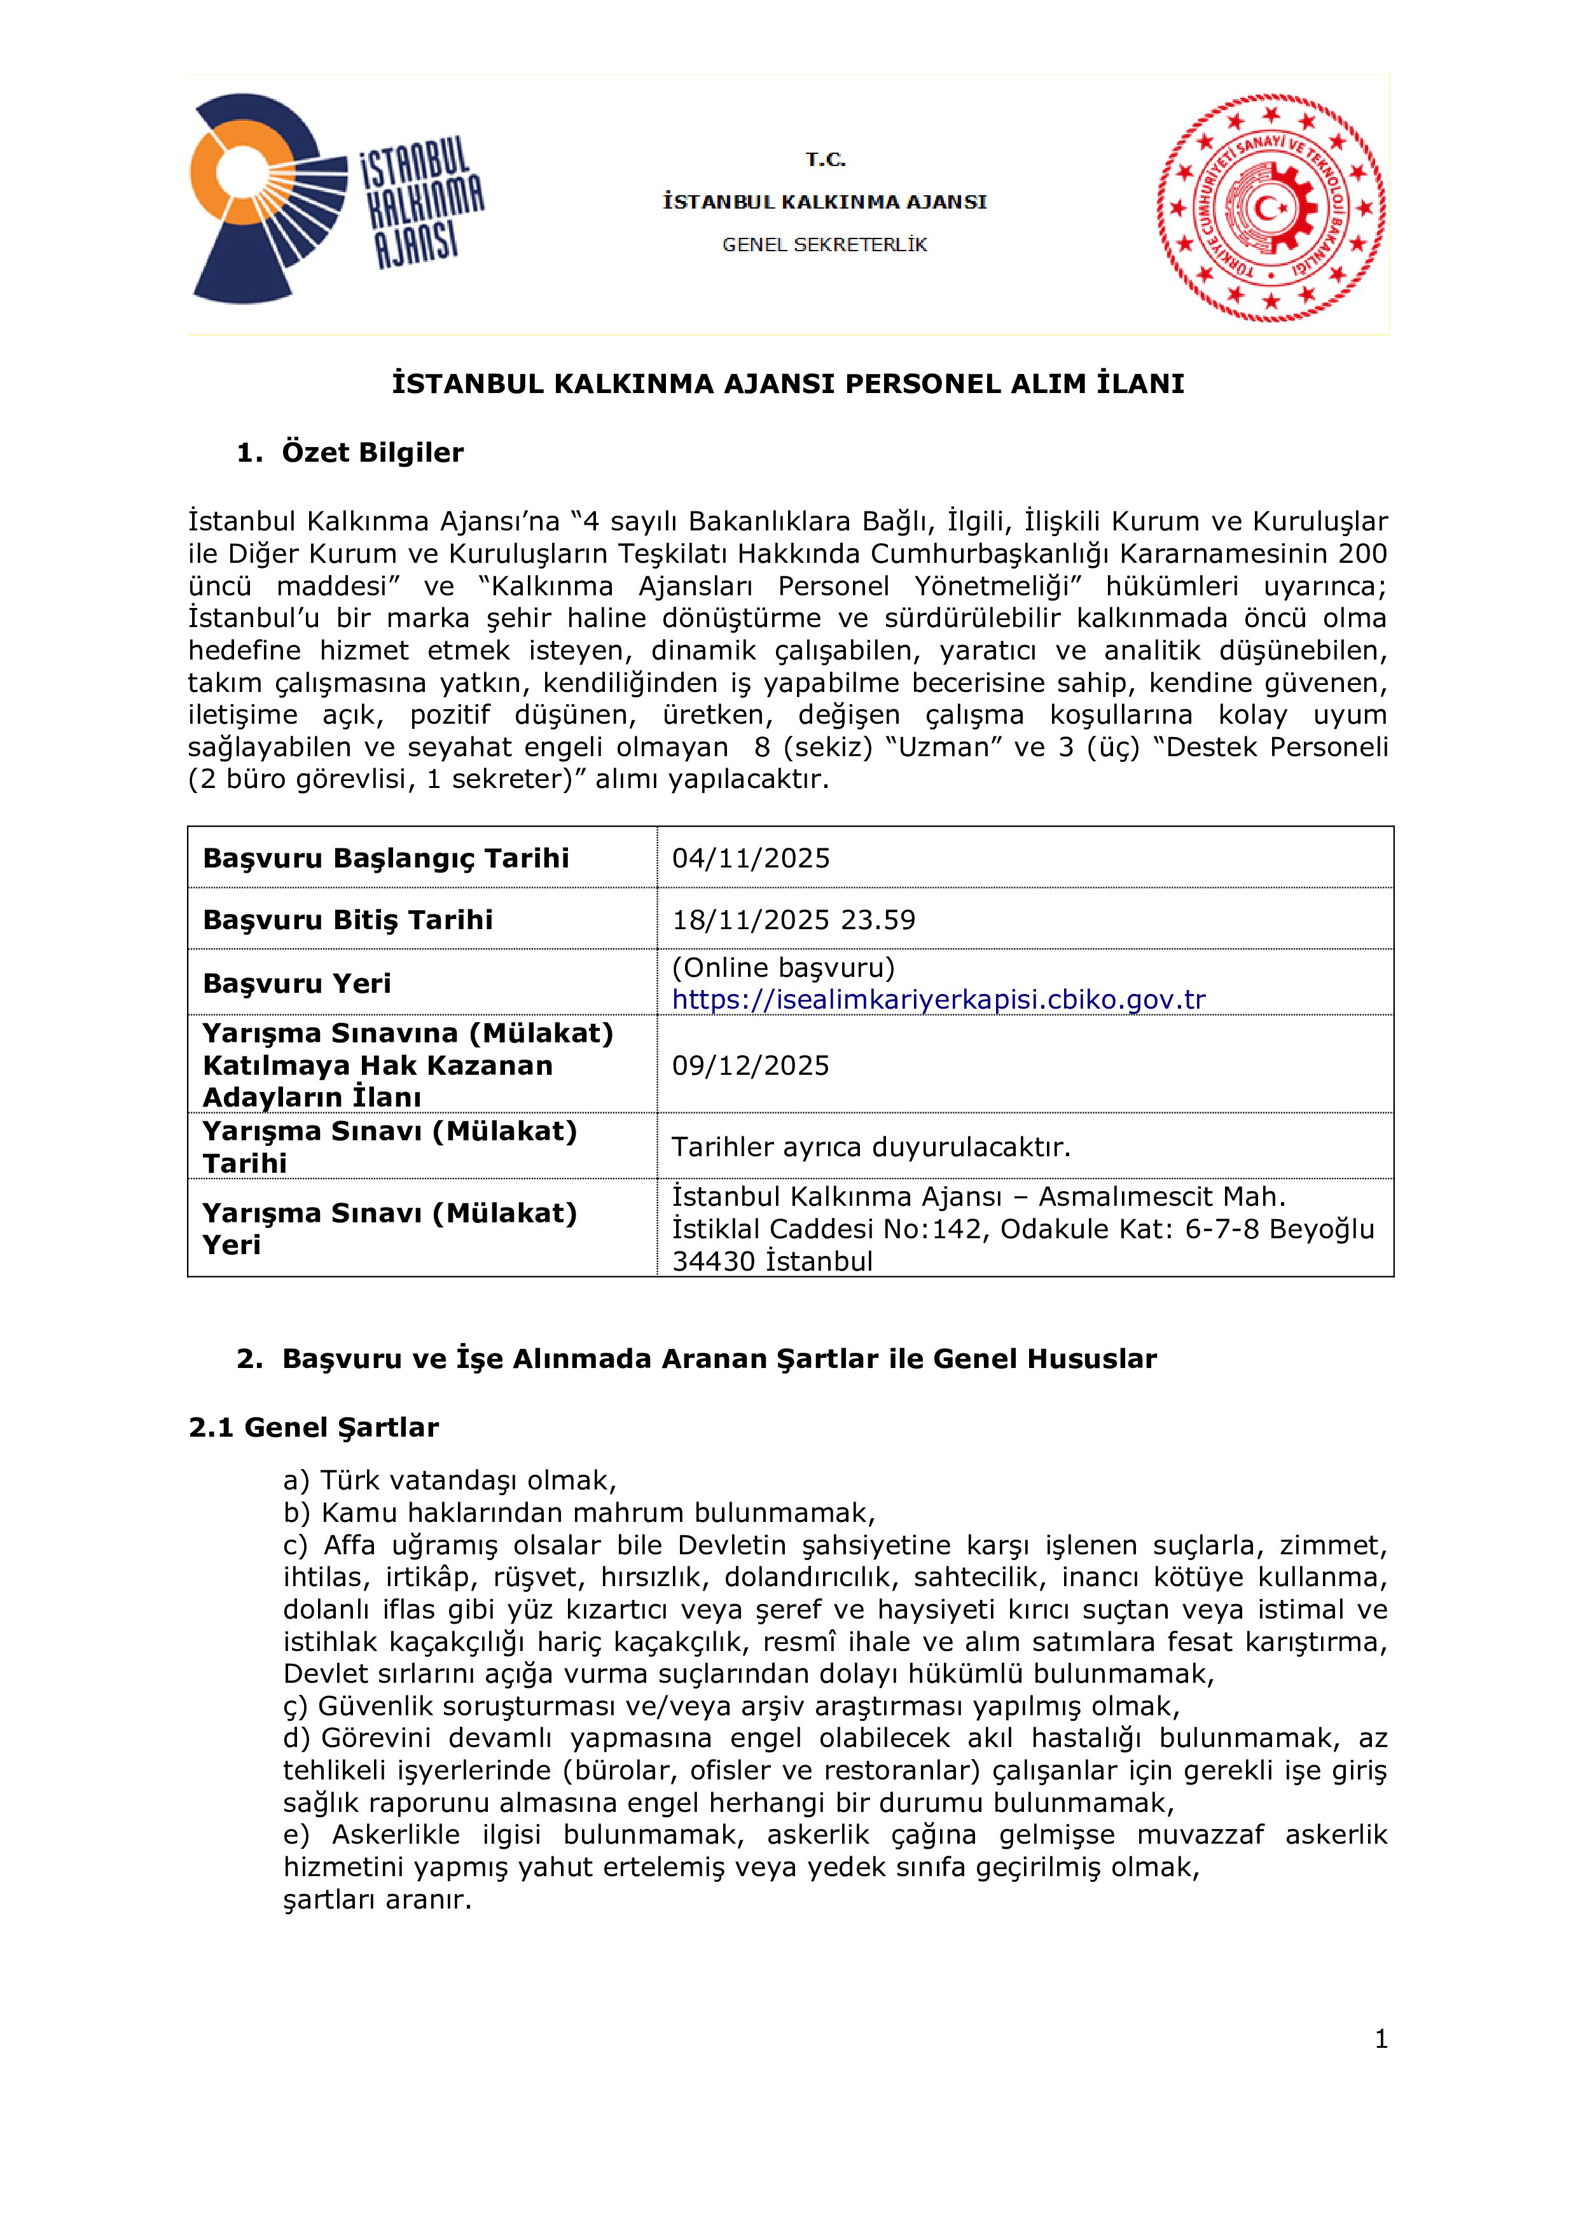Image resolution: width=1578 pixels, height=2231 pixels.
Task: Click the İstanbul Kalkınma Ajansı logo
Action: (335, 199)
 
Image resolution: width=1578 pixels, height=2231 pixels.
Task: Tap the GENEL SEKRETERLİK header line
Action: (824, 245)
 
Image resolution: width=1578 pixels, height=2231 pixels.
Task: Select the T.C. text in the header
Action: (825, 160)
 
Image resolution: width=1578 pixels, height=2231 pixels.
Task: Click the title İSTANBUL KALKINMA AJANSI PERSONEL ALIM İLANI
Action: (788, 384)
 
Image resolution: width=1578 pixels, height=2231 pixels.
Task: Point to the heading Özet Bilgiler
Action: (372, 453)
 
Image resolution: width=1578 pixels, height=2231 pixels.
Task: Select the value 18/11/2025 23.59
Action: (794, 920)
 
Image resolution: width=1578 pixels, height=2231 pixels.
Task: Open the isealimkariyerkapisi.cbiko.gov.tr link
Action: (939, 1000)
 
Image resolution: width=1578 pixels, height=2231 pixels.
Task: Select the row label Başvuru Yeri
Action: (296, 983)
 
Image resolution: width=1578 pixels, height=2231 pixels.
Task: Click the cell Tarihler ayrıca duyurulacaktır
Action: (871, 1147)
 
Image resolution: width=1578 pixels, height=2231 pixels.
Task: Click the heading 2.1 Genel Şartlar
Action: (313, 1427)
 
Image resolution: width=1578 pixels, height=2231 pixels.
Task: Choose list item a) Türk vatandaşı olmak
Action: (450, 1481)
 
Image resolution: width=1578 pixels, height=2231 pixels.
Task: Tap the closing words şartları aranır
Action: (377, 1900)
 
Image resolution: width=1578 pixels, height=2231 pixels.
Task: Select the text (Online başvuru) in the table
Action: (783, 968)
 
